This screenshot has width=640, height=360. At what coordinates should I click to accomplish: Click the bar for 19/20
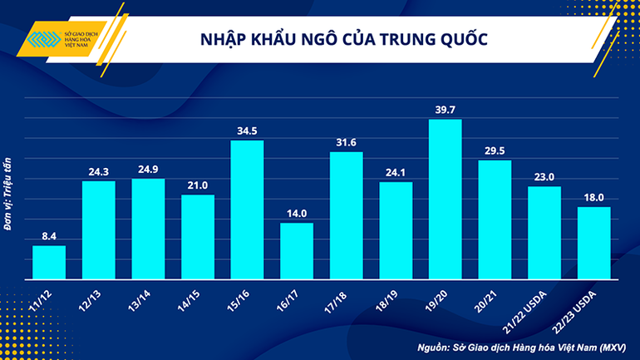coord(445,200)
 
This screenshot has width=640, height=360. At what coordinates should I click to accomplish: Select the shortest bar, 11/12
coord(48,262)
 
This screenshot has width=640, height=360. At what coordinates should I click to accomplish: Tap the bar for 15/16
coord(247,210)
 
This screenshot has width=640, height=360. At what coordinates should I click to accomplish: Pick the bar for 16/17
coord(297,250)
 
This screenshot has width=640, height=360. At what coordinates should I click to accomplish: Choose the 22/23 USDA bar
coord(594,243)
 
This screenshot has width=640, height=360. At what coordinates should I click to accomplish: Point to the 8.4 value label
coord(48,237)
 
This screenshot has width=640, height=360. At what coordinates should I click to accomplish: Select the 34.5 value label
coord(247,131)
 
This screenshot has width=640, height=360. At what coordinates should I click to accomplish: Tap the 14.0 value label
coord(297,214)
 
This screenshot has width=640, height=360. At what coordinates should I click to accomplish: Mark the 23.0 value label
coord(544,177)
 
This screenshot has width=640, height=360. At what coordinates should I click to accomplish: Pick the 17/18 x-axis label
coord(337,298)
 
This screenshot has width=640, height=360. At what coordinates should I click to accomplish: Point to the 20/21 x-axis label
coord(486,298)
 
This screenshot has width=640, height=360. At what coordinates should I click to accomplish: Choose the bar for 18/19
coord(396,230)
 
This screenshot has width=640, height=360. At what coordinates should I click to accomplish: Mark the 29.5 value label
coord(495,150)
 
